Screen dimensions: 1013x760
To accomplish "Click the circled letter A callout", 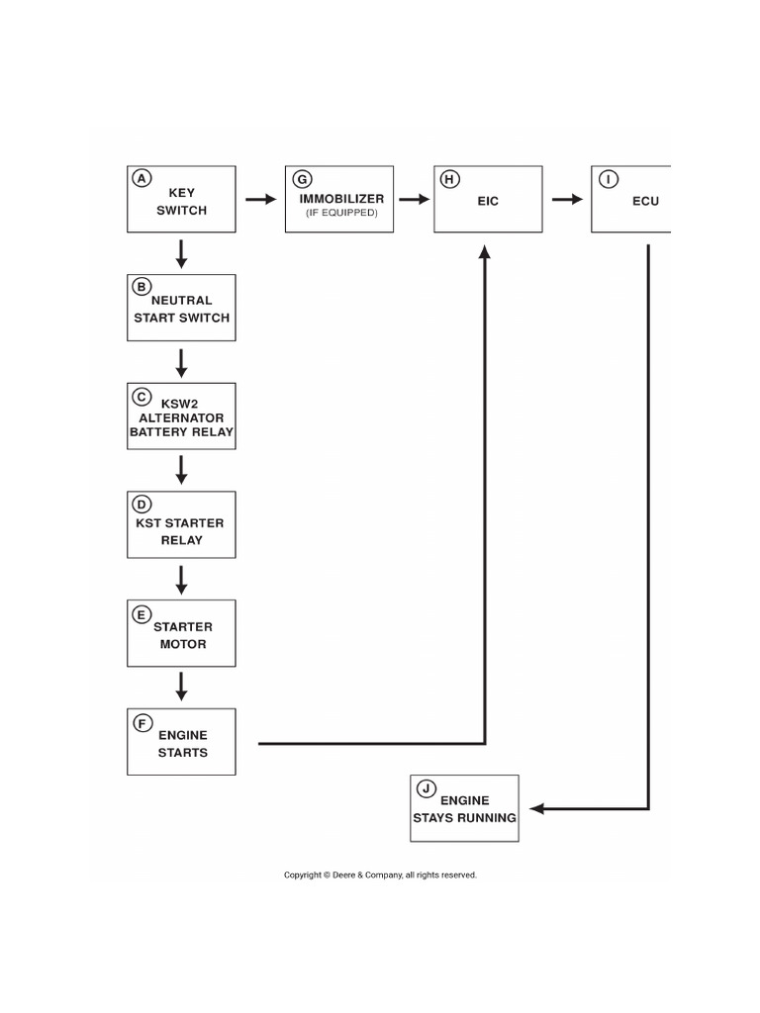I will [x=142, y=179].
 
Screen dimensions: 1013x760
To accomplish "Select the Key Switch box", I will [x=181, y=200].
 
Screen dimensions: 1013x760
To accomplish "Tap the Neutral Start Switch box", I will [x=181, y=309].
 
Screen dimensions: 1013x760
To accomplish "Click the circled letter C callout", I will [x=142, y=396].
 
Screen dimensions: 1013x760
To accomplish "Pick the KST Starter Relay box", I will [x=181, y=524].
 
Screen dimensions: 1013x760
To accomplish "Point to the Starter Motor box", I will [x=181, y=633].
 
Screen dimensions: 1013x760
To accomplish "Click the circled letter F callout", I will [x=142, y=722].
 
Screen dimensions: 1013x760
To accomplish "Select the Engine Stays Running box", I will [x=464, y=809].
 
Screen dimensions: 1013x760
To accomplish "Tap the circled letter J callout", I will [x=425, y=788].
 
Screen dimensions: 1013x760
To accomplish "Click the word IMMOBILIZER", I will [x=341, y=199].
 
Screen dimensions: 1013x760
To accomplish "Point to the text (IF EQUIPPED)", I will [x=341, y=214].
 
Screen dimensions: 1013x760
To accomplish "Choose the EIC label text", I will [x=488, y=201].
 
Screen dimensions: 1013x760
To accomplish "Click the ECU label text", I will [x=645, y=201].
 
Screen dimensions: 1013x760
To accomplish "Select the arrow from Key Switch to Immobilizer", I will [x=260, y=200].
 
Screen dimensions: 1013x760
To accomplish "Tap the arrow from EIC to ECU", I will [x=567, y=200].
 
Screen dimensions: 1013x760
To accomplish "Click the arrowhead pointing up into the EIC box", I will [x=485, y=253].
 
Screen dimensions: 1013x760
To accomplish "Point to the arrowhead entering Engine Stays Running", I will [x=537, y=808].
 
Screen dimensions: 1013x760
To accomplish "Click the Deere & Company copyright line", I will [x=380, y=875].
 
